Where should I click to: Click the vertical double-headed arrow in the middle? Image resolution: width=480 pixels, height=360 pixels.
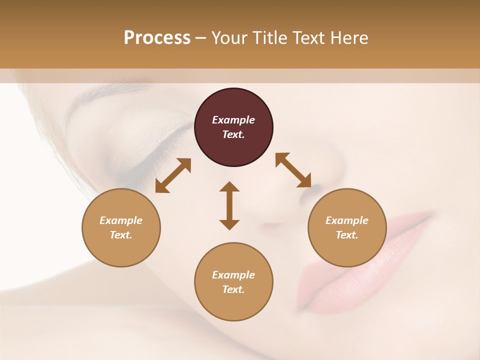click(229, 205)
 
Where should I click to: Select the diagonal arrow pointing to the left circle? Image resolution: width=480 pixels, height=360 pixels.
click(173, 175)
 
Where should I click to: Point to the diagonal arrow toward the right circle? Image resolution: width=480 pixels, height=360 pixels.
click(293, 170)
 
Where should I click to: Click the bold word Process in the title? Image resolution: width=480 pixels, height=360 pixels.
click(157, 38)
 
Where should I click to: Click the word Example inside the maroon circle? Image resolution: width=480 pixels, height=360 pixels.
click(233, 120)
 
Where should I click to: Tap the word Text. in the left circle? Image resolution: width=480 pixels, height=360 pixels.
click(121, 235)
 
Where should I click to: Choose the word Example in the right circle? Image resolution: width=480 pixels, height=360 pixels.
click(347, 220)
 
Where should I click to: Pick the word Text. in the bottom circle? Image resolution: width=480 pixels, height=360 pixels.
click(233, 289)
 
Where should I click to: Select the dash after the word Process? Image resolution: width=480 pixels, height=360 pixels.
click(200, 38)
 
